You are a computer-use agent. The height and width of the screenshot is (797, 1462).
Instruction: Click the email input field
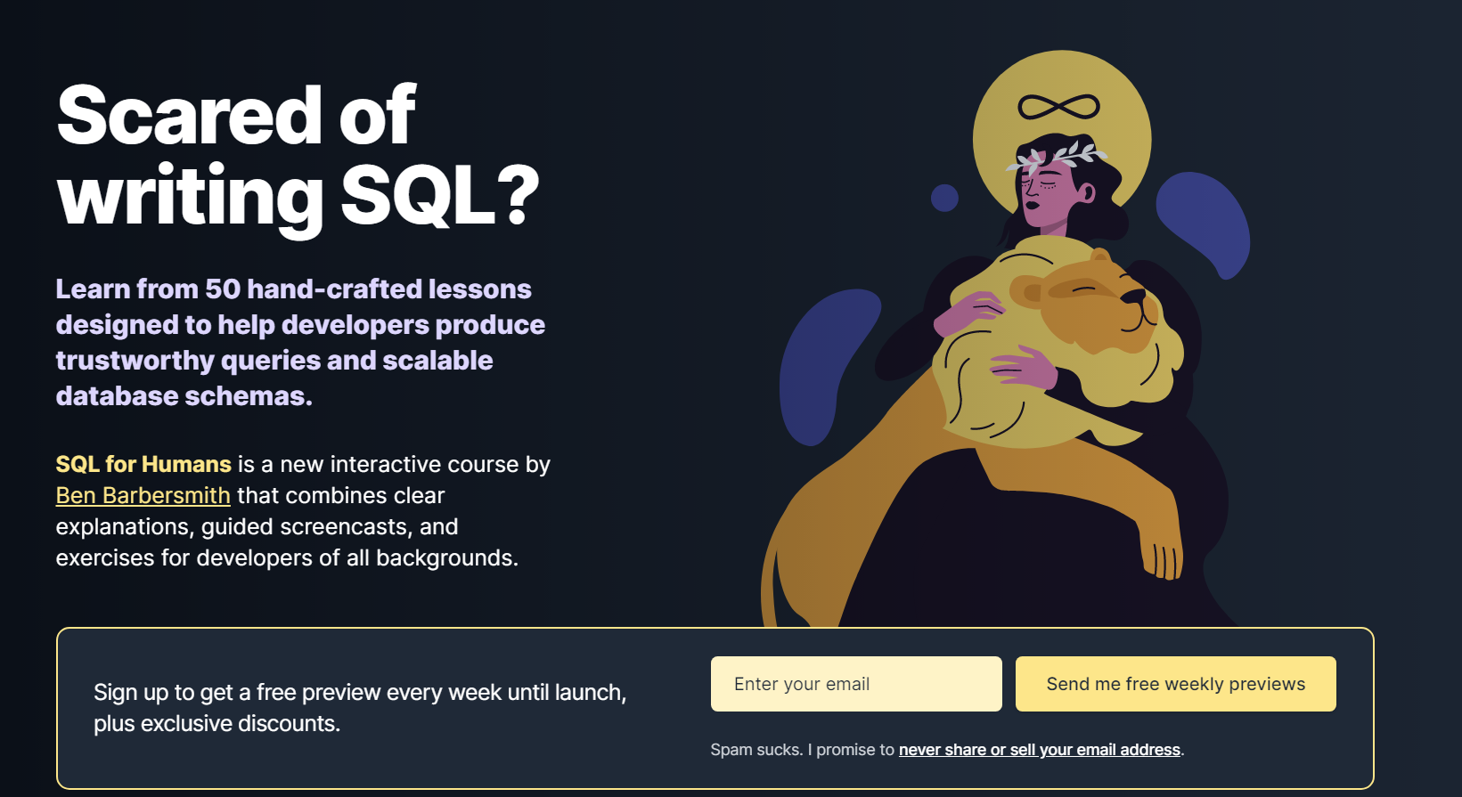tap(855, 684)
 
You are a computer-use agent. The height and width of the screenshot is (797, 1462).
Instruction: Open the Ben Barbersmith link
tap(143, 496)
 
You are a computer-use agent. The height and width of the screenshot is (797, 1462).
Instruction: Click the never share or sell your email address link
tap(1039, 750)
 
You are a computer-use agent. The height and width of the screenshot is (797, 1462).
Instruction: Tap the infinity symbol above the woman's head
tap(1058, 107)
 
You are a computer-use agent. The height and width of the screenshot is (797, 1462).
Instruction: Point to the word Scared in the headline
tap(189, 116)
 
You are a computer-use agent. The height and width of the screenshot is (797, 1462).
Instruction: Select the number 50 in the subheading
tap(223, 289)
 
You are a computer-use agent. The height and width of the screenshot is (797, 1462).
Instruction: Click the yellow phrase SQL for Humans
tap(143, 464)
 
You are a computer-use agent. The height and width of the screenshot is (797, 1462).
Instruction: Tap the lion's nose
tap(1135, 297)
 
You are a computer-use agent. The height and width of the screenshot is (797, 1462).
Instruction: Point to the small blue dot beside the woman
tap(944, 198)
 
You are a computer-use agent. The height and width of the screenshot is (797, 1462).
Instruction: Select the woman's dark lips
tap(1032, 206)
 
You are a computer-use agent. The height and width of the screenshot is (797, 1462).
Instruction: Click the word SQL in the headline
tap(418, 195)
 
